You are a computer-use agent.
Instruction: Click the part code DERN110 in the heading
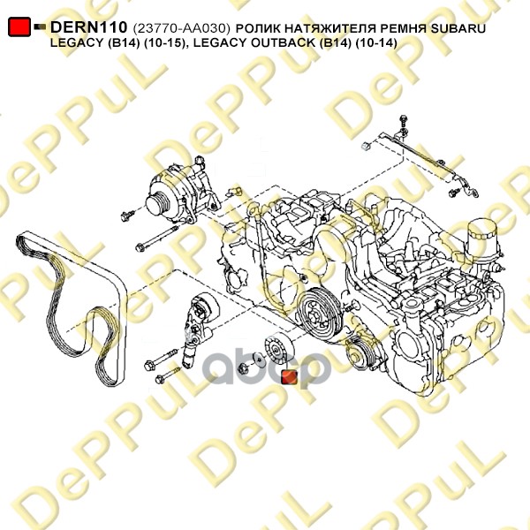(88, 26)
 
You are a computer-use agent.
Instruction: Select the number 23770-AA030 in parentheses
(182, 28)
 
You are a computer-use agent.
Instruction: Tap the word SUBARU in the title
(458, 28)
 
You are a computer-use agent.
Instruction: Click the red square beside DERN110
(19, 26)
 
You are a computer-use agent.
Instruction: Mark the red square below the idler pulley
(290, 377)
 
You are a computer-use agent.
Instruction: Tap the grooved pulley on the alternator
(158, 204)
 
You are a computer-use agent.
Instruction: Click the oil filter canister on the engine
(481, 242)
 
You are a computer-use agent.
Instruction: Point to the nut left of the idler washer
(244, 367)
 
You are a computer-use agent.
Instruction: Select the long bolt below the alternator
(156, 238)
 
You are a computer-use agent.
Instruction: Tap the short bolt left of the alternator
(127, 216)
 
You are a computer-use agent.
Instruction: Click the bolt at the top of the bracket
(404, 121)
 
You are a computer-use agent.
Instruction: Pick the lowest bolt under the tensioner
(167, 375)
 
